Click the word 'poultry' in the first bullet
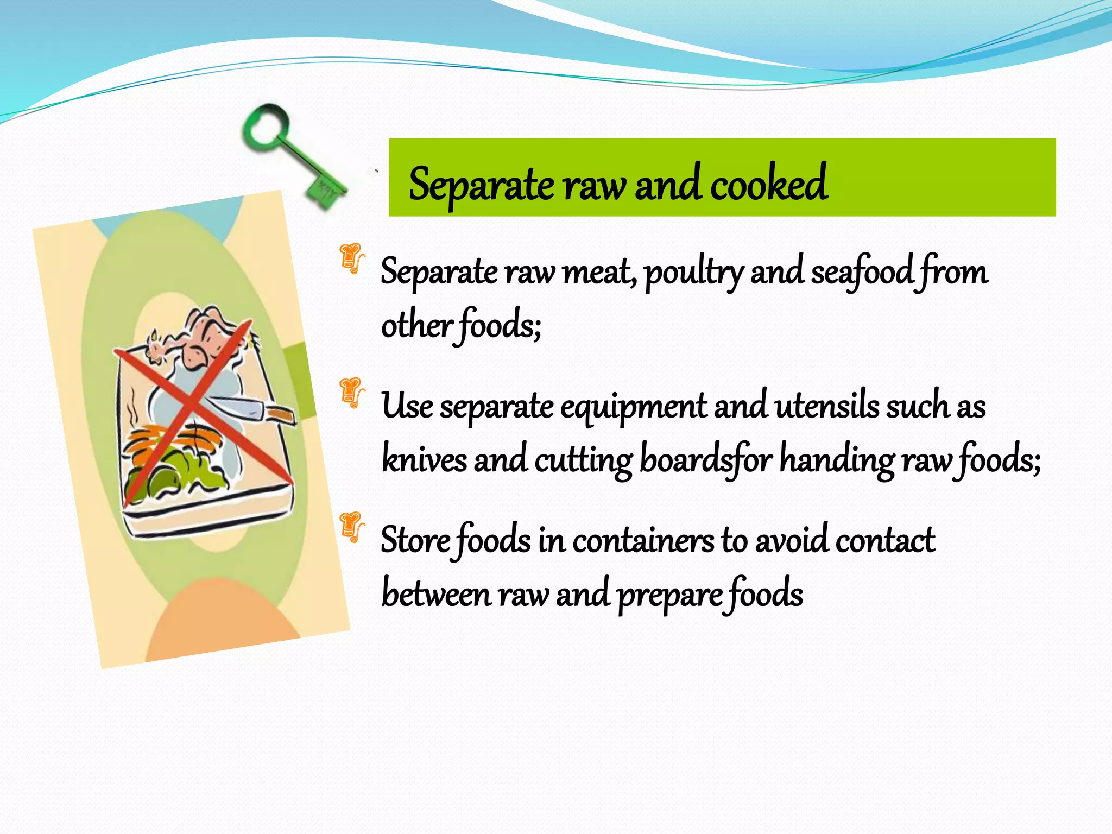[x=694, y=273]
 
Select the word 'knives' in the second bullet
[x=424, y=459]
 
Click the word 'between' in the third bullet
[x=436, y=593]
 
